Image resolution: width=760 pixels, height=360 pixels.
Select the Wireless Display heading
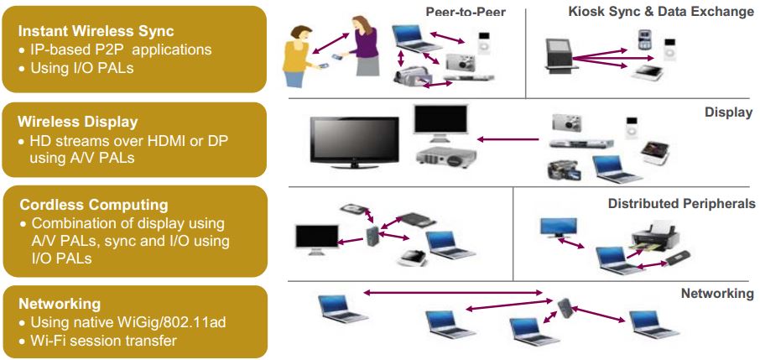tap(78, 123)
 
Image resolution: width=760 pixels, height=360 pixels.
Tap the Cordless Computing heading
tap(94, 205)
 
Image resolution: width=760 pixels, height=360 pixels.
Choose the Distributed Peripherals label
tap(681, 204)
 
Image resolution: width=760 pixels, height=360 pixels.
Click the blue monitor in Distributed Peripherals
tap(557, 228)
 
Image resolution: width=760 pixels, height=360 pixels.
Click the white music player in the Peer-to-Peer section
tap(482, 46)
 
